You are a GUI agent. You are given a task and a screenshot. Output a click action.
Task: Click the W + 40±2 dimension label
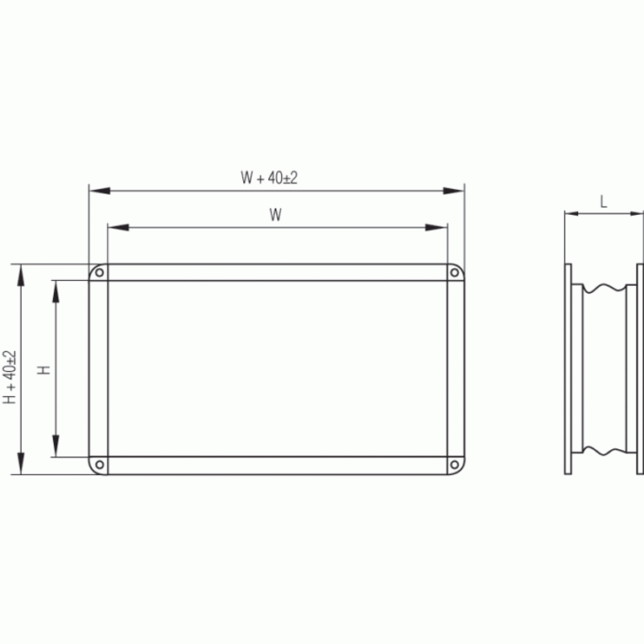click(269, 179)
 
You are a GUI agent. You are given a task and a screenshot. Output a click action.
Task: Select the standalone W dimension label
click(275, 215)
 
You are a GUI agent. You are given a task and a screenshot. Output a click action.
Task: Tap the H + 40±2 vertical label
click(10, 377)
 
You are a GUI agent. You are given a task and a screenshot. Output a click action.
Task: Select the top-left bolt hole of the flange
click(98, 273)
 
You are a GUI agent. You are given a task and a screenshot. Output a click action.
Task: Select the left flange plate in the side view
click(568, 369)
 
